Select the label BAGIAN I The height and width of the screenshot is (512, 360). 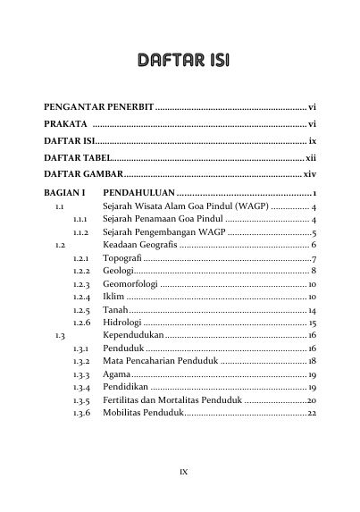click(x=64, y=193)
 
